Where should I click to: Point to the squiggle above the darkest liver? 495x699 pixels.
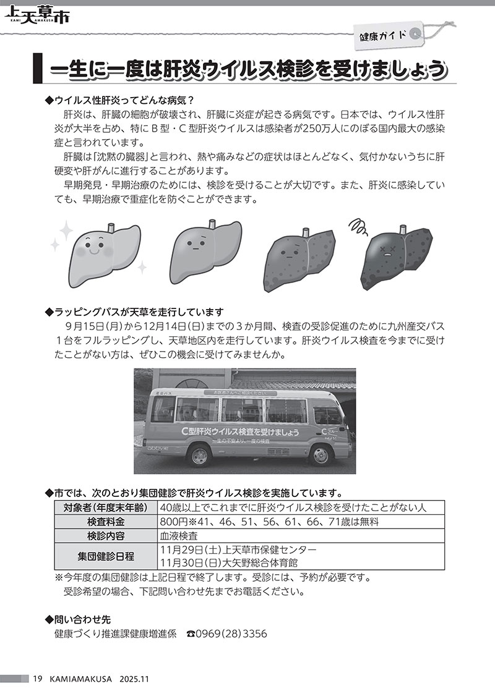[x=358, y=226]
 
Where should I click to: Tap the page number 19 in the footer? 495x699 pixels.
[x=37, y=679]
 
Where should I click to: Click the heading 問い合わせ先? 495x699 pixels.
[x=82, y=619]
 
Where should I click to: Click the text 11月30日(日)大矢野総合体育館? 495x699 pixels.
[x=228, y=562]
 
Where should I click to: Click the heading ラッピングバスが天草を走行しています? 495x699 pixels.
[x=139, y=311]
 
